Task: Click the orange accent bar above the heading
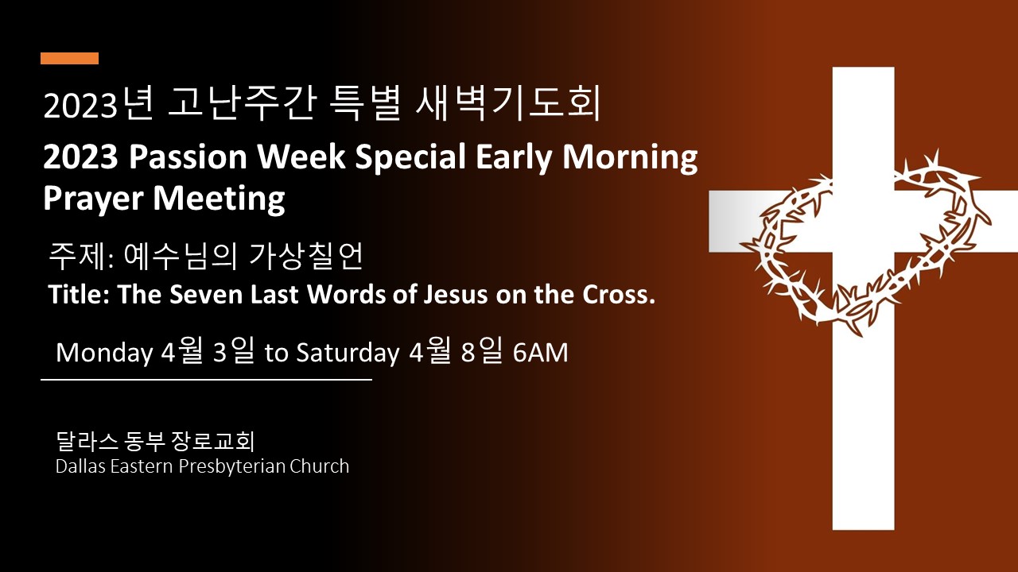[x=69, y=59]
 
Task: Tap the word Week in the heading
[x=301, y=157]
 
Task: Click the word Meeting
[x=219, y=199]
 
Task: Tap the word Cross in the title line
[x=616, y=295]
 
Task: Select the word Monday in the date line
[x=104, y=354]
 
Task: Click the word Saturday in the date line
[x=348, y=354]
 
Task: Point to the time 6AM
[x=540, y=353]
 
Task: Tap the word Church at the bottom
[x=319, y=466]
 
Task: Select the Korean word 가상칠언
[x=307, y=256]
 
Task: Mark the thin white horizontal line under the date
[x=206, y=380]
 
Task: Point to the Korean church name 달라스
[x=87, y=440]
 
